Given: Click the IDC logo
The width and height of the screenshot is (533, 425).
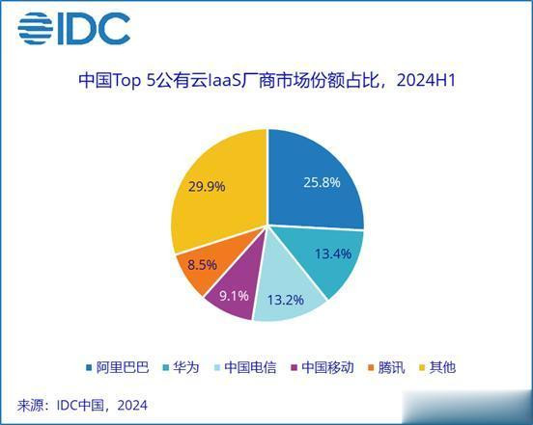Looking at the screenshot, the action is tap(74, 29).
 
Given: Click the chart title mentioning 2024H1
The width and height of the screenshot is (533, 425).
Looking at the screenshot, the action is tap(266, 80).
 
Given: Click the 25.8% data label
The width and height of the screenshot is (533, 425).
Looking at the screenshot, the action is tap(322, 182).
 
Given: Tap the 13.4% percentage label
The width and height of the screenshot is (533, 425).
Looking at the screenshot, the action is tap(333, 253).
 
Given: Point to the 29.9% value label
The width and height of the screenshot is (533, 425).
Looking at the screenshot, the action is tap(207, 187).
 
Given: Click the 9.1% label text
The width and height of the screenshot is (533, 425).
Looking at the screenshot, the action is tap(234, 296).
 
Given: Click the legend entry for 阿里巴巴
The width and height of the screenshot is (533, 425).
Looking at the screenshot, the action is tap(118, 367).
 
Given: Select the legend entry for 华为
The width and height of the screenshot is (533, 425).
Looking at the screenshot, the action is tap(182, 367).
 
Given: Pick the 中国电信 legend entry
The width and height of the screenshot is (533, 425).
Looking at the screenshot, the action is tap(245, 367).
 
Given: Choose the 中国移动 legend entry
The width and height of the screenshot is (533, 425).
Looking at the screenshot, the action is tap(323, 367).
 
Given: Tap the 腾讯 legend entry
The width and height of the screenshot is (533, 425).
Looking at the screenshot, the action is tap(386, 367).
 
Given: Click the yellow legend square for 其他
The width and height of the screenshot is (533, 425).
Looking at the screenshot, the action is tap(423, 368).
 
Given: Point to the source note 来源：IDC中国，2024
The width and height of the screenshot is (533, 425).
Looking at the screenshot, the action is tap(82, 406).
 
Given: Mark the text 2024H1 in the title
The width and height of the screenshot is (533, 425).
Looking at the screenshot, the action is tap(426, 81).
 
